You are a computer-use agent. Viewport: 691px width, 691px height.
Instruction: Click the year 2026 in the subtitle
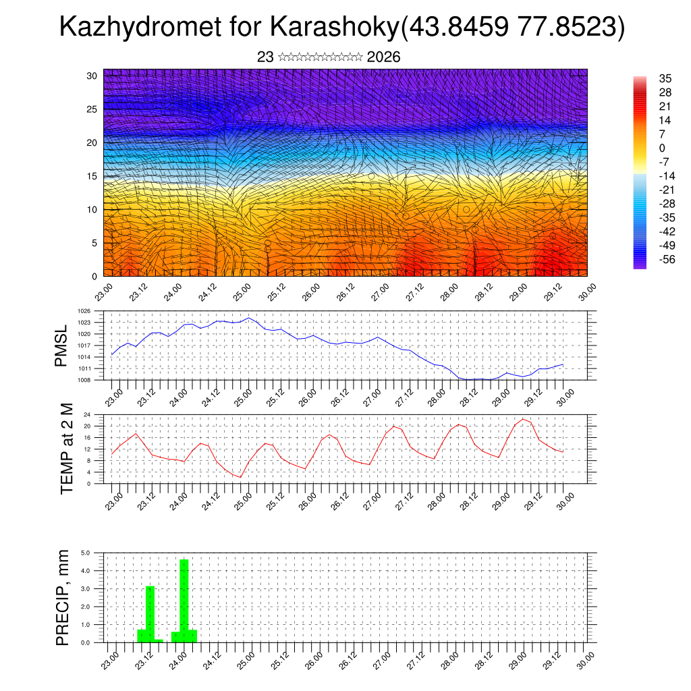(383, 57)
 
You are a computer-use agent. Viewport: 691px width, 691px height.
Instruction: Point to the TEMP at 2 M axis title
(66, 449)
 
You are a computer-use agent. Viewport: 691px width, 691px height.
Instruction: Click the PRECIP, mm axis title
(63, 597)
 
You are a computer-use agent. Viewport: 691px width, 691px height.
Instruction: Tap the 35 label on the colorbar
(665, 79)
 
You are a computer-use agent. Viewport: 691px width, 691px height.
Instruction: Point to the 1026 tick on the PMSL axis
(84, 311)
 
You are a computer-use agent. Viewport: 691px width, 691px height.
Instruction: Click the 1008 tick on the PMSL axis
(84, 380)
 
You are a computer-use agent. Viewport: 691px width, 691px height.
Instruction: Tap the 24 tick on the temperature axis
(87, 414)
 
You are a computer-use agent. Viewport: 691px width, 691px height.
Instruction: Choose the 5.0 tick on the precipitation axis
(85, 553)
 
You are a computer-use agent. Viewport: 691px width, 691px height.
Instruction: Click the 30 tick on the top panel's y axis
(92, 75)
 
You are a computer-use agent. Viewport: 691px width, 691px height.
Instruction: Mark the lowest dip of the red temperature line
(240, 477)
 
